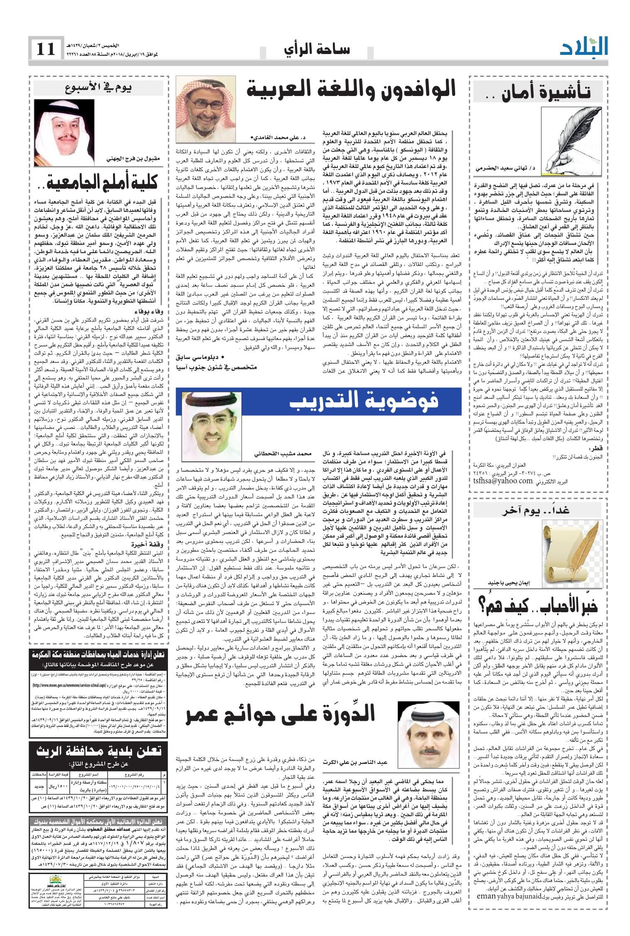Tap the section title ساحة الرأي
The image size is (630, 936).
[x=317, y=50]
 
